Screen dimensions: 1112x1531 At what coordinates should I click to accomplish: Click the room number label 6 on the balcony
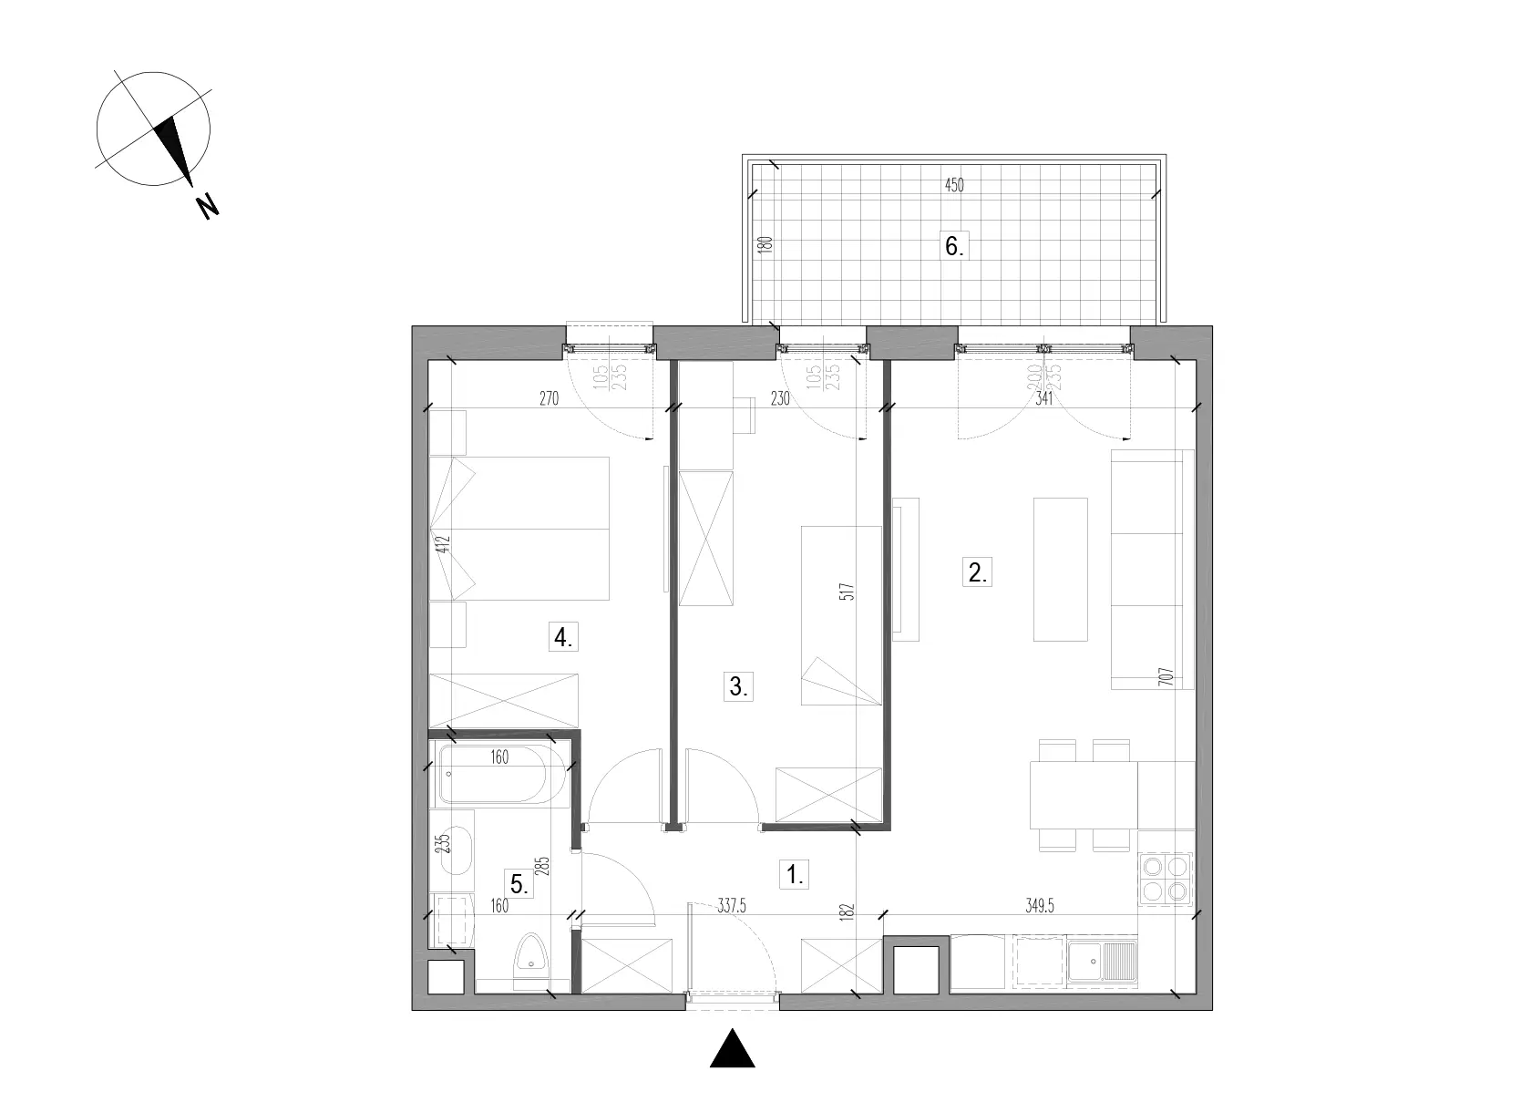(953, 246)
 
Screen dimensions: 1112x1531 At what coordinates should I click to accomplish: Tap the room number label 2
(976, 573)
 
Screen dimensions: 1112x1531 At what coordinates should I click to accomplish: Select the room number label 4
(563, 637)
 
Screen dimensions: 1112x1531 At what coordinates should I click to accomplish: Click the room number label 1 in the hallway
(795, 875)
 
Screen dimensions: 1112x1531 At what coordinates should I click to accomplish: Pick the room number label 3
(738, 686)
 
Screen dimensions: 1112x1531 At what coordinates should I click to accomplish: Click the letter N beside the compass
(208, 207)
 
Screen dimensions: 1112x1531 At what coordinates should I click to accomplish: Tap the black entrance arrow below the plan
(733, 1049)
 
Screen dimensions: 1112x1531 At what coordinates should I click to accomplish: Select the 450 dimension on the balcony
(953, 186)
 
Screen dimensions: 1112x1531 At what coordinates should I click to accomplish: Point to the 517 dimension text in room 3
(850, 602)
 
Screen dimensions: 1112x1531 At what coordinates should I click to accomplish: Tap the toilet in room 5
(529, 958)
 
